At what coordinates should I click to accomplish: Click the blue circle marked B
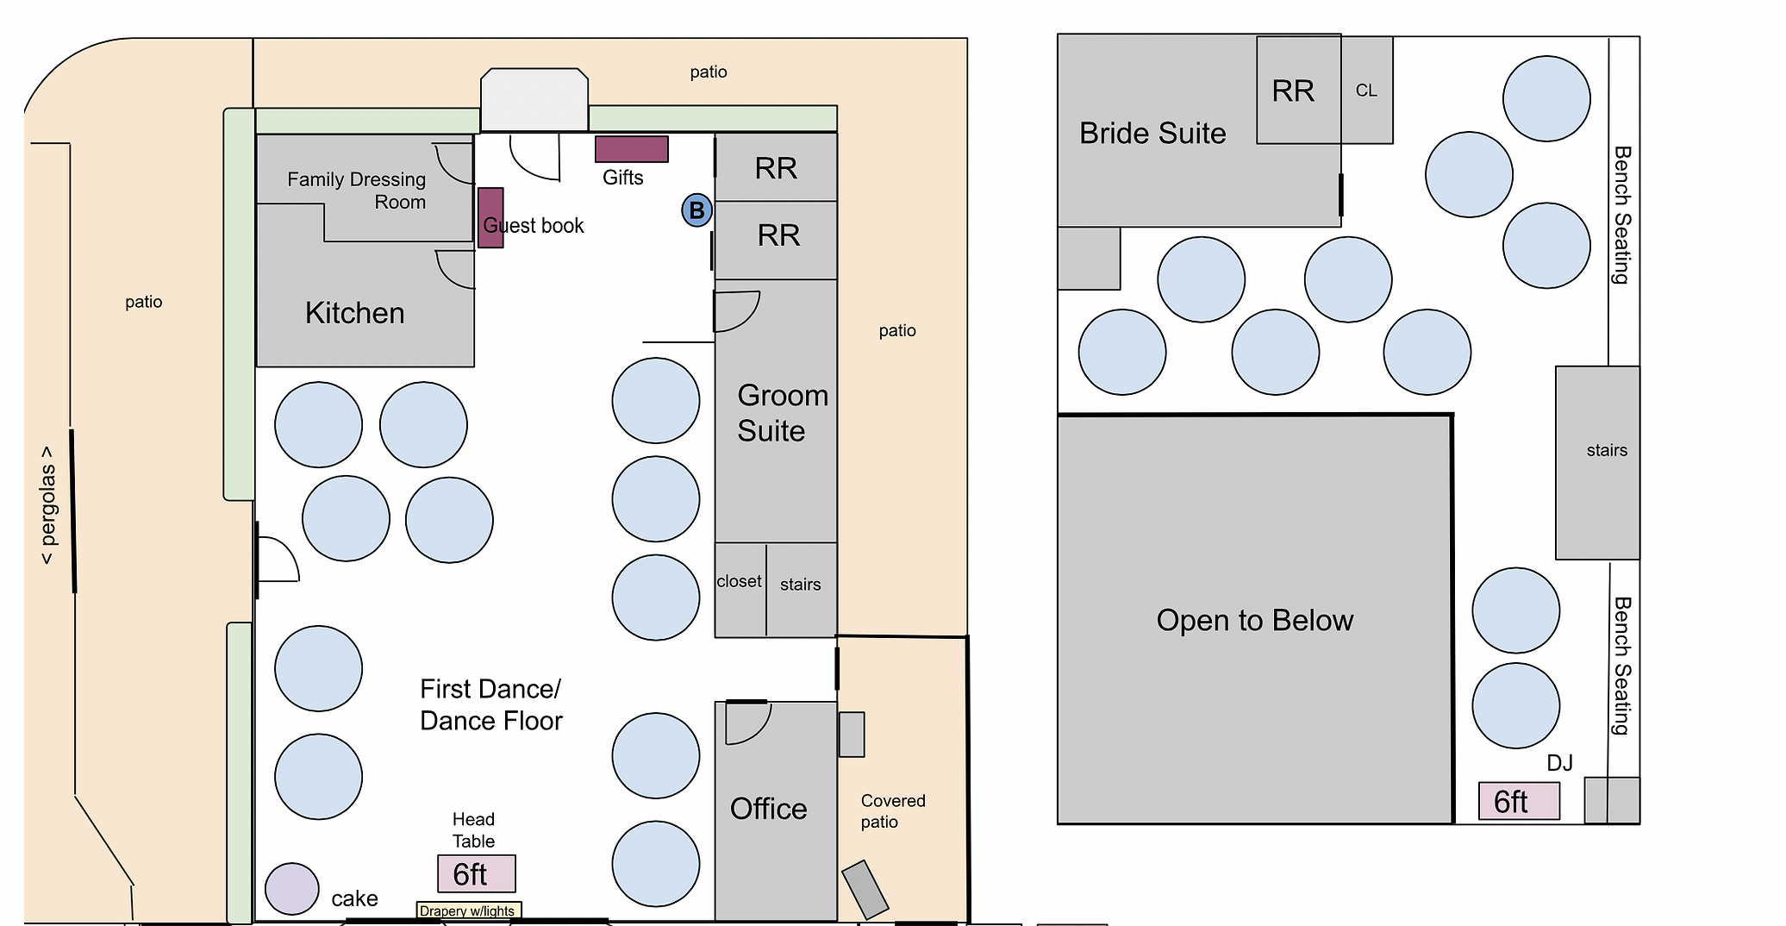(696, 210)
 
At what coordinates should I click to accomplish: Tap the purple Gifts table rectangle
(631, 149)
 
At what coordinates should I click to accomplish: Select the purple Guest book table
(490, 218)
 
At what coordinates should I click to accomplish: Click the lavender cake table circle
(292, 888)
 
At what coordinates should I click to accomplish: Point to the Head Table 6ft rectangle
(476, 873)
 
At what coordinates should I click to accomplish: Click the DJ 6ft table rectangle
(1519, 801)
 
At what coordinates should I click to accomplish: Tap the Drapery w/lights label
(468, 910)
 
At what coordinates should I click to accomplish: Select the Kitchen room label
(354, 313)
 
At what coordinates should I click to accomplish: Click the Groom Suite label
(782, 413)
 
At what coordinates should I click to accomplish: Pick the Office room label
(768, 809)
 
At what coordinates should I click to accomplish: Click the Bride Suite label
(1152, 134)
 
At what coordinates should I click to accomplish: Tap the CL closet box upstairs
(1366, 91)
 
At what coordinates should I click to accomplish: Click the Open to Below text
(1254, 621)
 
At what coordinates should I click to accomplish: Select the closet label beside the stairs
(739, 582)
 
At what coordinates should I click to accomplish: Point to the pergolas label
(47, 505)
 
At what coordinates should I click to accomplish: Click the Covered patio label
(892, 811)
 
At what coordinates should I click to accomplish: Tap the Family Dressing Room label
(357, 191)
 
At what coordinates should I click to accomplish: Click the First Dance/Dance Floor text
(490, 705)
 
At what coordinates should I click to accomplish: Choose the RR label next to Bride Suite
(1293, 91)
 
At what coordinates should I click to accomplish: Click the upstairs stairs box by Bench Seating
(1597, 462)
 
